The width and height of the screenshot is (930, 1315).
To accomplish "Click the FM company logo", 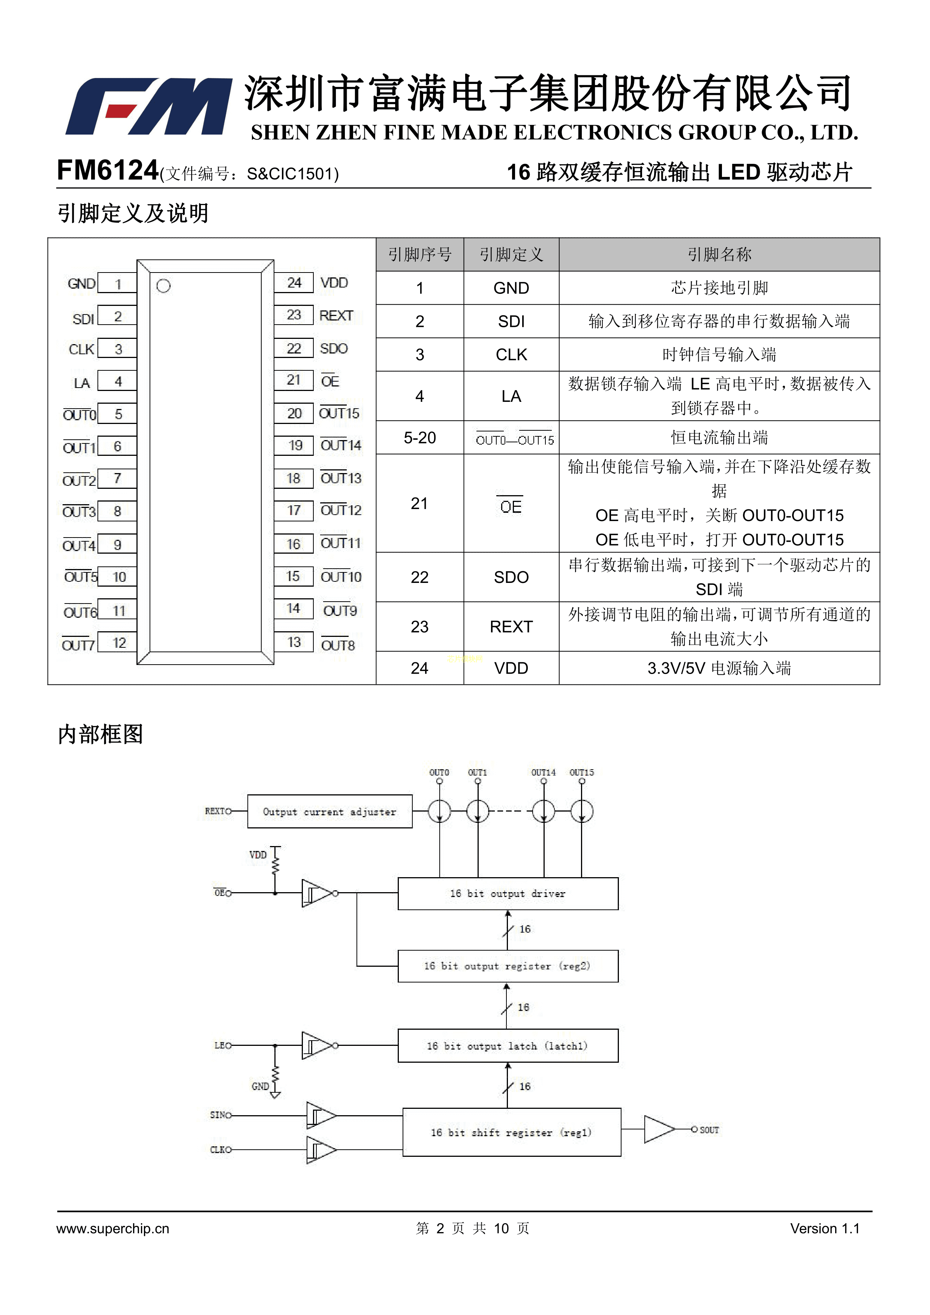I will [x=149, y=106].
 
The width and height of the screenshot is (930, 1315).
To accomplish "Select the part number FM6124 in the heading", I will [x=108, y=171].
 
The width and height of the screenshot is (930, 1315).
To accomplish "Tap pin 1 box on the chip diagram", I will [x=117, y=283].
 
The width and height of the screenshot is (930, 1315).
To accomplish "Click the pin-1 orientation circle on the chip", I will [x=163, y=286].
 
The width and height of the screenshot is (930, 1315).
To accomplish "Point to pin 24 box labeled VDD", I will [x=294, y=282].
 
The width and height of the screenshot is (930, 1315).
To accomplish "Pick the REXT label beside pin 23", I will [x=336, y=316].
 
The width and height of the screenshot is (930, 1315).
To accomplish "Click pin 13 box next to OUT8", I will [x=294, y=642].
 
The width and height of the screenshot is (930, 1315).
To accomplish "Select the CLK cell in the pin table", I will [x=511, y=355].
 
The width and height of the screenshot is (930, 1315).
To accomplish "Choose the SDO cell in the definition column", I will [x=511, y=577].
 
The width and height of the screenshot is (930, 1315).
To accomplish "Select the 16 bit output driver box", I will [x=508, y=893].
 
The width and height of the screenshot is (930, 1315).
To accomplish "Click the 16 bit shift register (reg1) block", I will [x=511, y=1132].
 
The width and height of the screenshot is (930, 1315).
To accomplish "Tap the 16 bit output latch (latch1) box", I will [x=508, y=1046].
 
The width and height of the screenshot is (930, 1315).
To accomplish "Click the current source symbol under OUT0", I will [x=439, y=812].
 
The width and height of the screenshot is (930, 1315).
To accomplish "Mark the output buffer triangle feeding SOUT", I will [x=659, y=1129].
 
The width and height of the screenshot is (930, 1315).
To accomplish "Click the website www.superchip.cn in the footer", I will [x=113, y=1228].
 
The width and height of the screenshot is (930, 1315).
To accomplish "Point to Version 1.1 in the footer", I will [x=825, y=1228].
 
